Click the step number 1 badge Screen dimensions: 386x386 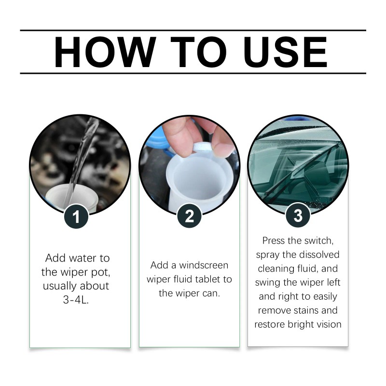(x=76, y=217)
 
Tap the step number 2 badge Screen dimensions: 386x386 (x=189, y=216)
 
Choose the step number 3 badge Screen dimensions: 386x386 (x=298, y=215)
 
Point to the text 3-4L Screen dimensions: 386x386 (x=76, y=299)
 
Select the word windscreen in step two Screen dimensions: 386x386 (x=203, y=265)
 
